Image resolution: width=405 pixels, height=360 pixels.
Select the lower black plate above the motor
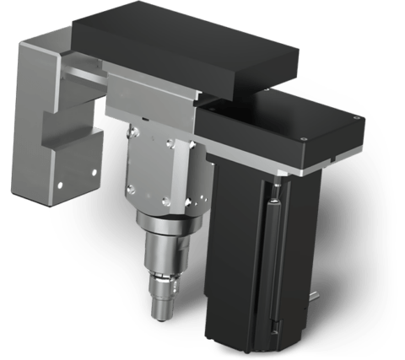click(x=278, y=126)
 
